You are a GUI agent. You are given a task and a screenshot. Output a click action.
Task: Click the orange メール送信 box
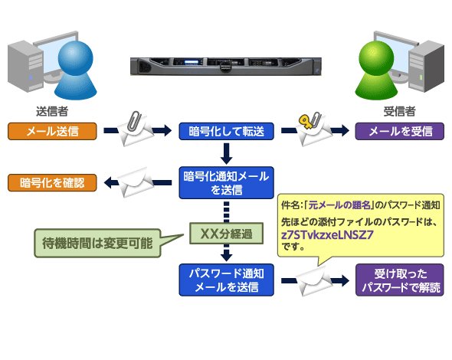[52, 131]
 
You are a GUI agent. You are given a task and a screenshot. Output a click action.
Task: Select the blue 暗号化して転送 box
[226, 131]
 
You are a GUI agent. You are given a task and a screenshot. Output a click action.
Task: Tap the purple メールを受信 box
[400, 131]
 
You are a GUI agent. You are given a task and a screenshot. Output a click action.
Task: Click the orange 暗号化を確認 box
[52, 182]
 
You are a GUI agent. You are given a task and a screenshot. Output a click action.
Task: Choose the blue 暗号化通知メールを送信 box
[226, 183]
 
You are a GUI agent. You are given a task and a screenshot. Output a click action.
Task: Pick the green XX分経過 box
[226, 234]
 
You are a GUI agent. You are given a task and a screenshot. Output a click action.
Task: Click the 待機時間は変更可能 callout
[97, 243]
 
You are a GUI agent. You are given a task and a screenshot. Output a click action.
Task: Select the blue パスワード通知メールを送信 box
[226, 280]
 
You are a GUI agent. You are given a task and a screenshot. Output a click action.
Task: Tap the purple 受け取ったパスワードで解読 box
[400, 280]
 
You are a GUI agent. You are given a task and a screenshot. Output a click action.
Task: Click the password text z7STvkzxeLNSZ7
[327, 235]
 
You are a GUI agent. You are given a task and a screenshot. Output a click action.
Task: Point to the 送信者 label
[52, 111]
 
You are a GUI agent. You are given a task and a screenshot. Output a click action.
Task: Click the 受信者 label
[400, 111]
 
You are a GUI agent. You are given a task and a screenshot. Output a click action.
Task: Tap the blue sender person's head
[76, 58]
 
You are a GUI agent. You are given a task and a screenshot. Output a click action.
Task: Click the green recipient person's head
[376, 58]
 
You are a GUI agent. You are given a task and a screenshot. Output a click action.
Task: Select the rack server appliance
[226, 67]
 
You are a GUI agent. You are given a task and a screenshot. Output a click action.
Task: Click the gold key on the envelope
[306, 121]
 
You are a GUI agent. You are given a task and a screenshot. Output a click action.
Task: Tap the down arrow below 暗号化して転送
[226, 154]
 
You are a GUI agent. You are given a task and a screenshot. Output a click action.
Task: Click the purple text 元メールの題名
[339, 205]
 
